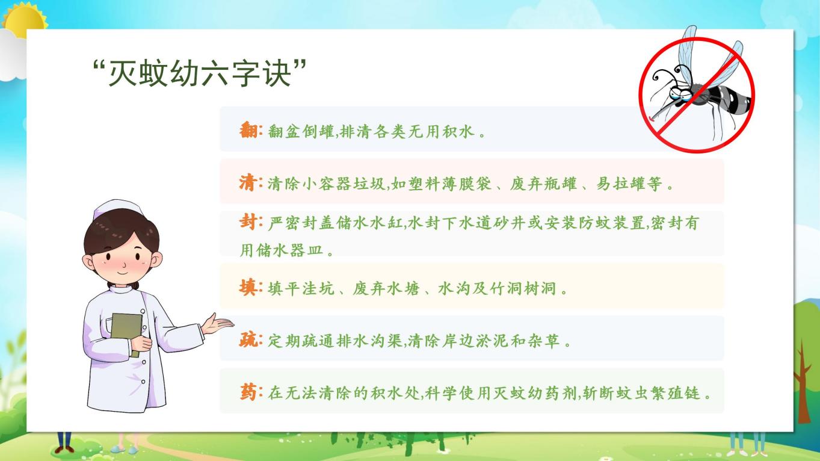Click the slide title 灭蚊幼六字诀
coord(200,73)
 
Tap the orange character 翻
coord(249,130)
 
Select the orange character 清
coord(248,182)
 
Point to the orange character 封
coord(248,222)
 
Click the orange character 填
coord(248,288)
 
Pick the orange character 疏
coord(248,340)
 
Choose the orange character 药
coord(249,392)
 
